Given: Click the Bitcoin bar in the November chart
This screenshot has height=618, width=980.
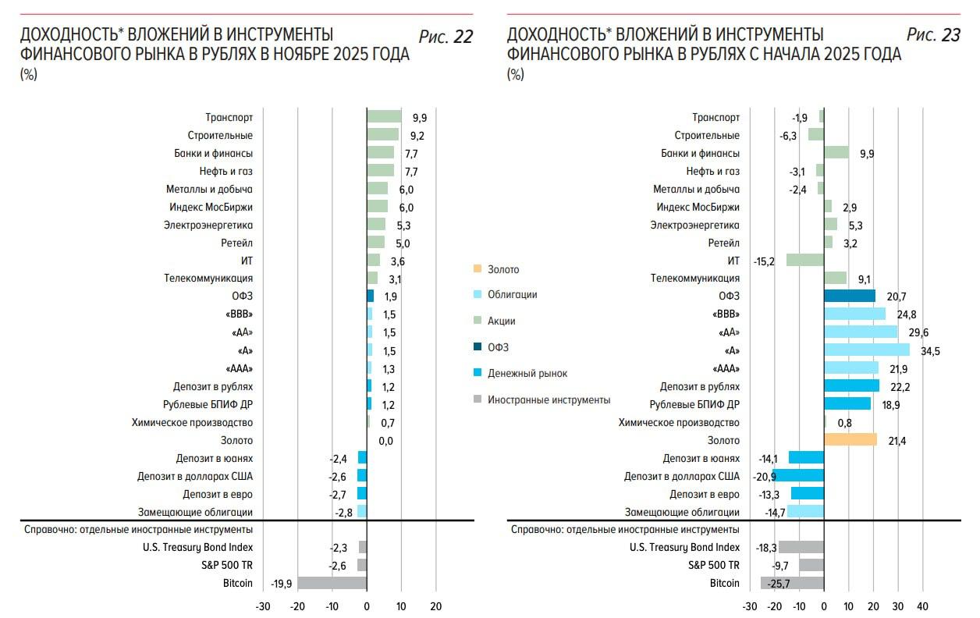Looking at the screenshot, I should [332, 583].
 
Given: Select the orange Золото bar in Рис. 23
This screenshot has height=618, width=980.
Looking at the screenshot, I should [850, 440].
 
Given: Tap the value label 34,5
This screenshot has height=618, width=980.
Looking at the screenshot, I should [930, 350].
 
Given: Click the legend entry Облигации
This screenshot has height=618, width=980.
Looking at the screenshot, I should [512, 295].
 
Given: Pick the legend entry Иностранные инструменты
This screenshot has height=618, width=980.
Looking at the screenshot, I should [549, 400].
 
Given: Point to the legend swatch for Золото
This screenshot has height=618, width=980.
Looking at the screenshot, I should [477, 269].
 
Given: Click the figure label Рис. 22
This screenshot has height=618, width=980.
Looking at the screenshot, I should [446, 37].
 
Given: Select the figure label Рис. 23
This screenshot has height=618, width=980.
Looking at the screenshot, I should [933, 35].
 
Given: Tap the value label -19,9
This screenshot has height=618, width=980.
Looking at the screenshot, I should [282, 584].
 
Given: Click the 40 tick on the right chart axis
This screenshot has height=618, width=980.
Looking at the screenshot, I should [922, 606].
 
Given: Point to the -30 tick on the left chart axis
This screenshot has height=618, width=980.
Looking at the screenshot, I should [263, 606].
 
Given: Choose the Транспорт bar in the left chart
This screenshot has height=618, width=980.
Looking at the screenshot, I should [384, 117].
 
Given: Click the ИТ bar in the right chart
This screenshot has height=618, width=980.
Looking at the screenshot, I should [805, 261].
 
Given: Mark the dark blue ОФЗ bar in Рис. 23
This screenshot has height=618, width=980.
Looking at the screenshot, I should [850, 297].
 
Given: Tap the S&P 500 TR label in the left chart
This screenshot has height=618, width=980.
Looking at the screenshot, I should [231, 565].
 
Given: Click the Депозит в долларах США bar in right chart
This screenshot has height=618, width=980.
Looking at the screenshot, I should [799, 476].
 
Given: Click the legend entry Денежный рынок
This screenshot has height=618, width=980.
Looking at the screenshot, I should [527, 374].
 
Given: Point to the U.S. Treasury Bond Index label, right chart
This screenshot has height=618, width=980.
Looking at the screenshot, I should [684, 547].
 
